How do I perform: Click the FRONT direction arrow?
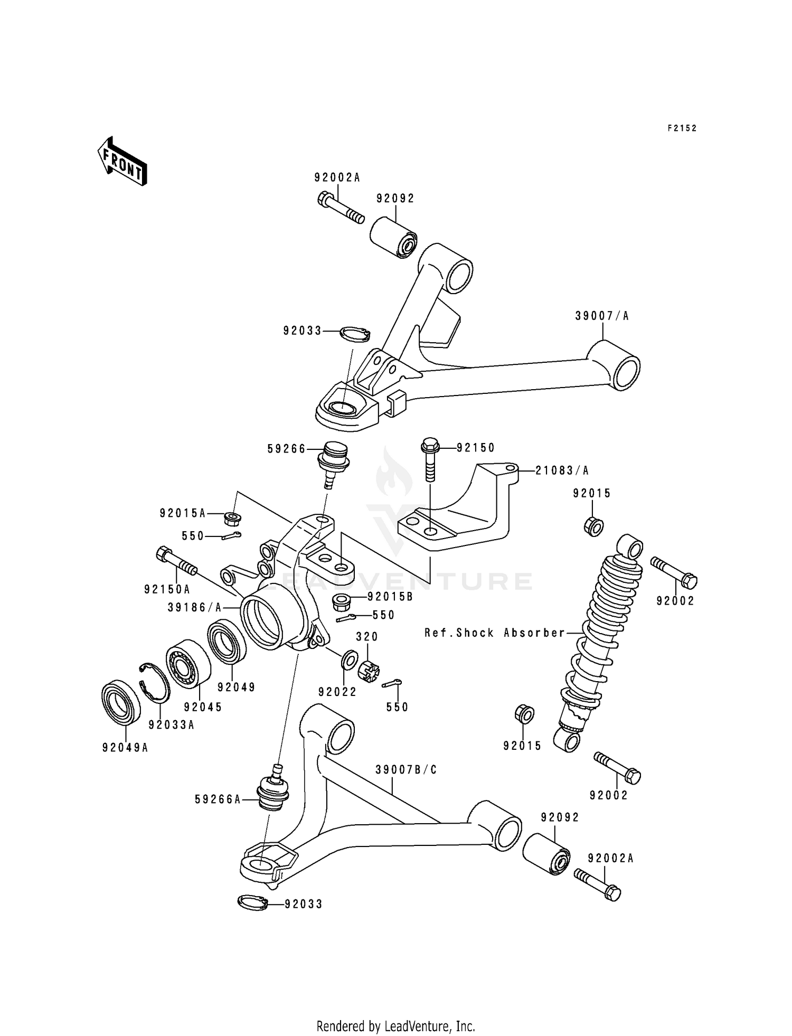pyautogui.click(x=122, y=161)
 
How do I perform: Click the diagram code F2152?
pyautogui.click(x=682, y=128)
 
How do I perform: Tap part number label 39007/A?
pyautogui.click(x=602, y=316)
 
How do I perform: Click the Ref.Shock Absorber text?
pyautogui.click(x=495, y=633)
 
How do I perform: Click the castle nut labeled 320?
pyautogui.click(x=369, y=671)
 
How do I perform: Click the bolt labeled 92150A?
pyautogui.click(x=176, y=562)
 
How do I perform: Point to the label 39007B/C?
pyautogui.click(x=406, y=770)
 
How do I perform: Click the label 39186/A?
pyautogui.click(x=194, y=608)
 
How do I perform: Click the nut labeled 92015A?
pyautogui.click(x=232, y=519)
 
